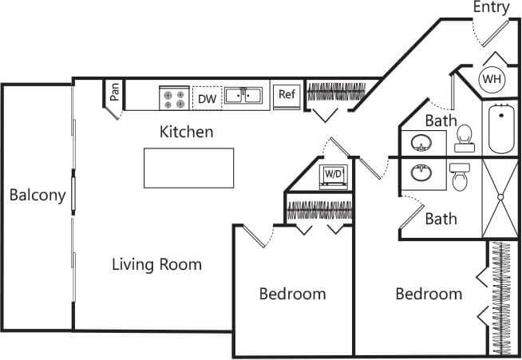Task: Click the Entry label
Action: [491, 8]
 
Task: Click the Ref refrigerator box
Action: [286, 95]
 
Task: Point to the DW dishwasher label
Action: [207, 98]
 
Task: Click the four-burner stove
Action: [172, 98]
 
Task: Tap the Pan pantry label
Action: [115, 93]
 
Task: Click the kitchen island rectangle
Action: [188, 166]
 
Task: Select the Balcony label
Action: [37, 195]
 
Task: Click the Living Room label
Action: [156, 264]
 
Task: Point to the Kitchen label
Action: [186, 131]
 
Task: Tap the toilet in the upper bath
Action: [463, 140]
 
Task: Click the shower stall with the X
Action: [500, 196]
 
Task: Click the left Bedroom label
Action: [292, 294]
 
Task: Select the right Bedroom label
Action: [429, 294]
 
